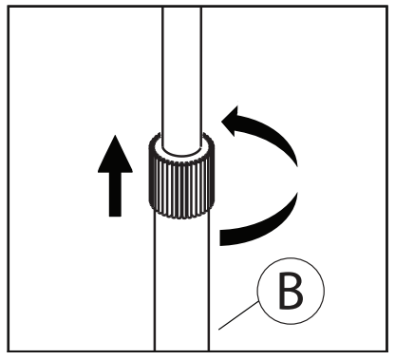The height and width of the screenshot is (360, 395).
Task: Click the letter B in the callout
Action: tap(291, 291)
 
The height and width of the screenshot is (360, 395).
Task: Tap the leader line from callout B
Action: tap(238, 315)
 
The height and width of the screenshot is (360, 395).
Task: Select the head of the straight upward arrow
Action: tap(115, 154)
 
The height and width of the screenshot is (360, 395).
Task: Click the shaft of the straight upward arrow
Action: tap(115, 195)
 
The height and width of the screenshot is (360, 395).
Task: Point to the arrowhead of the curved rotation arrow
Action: tap(231, 121)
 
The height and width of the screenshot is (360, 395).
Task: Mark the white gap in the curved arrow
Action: tap(297, 179)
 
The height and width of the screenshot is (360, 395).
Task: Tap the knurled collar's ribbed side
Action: tap(181, 187)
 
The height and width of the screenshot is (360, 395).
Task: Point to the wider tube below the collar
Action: tap(181, 282)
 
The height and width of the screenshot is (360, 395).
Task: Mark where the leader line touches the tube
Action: tap(218, 330)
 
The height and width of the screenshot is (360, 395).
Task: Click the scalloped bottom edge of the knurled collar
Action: tap(181, 216)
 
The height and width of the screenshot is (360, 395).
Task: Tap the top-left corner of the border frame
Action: tap(9, 7)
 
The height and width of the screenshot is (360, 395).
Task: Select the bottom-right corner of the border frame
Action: tap(387, 351)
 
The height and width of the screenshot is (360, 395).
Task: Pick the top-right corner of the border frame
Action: tap(387, 7)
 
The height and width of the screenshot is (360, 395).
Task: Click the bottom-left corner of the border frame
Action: tap(9, 351)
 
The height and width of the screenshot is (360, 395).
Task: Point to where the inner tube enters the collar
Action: tap(181, 150)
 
